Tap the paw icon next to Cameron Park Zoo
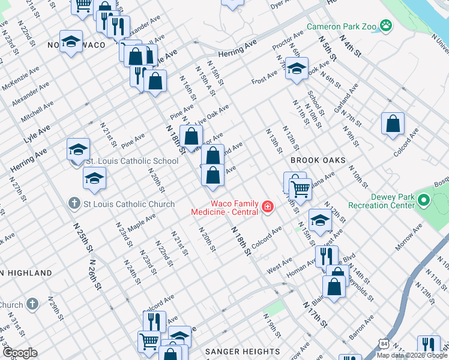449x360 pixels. tap(385, 26)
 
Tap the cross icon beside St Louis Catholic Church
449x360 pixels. tap(74, 204)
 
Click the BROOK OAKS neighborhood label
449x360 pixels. tap(318, 161)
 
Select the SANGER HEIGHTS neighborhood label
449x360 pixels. tap(243, 352)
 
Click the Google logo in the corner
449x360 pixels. tap(19, 353)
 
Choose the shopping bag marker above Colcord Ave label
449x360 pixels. tap(393, 124)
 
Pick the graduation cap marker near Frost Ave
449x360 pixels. tap(297, 68)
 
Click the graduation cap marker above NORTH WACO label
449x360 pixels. tap(71, 41)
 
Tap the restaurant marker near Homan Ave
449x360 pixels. tap(327, 256)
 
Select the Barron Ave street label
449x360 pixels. tap(360, 328)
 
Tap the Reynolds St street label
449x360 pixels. tap(362, 289)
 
